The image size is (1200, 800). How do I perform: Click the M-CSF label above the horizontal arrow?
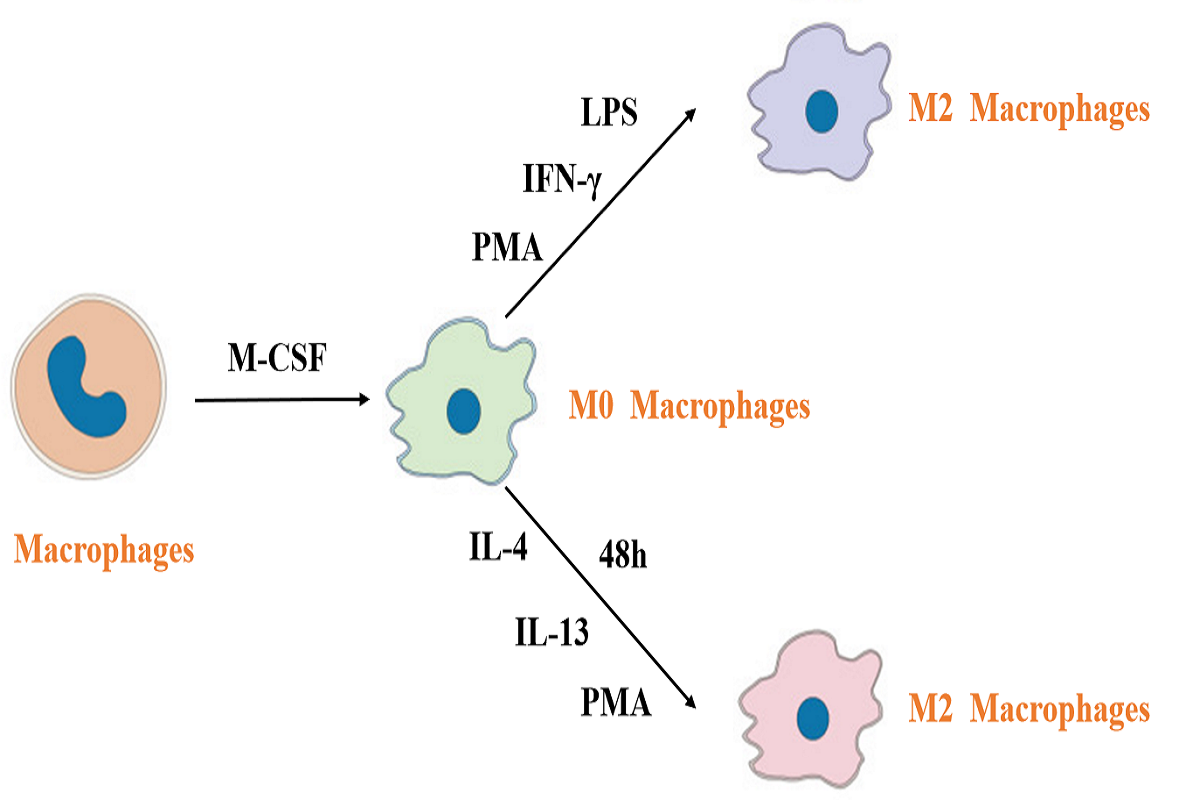click(x=277, y=358)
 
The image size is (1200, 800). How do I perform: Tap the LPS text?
click(x=609, y=113)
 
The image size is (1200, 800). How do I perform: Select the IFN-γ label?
click(x=560, y=181)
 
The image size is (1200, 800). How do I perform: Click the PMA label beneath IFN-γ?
click(x=507, y=247)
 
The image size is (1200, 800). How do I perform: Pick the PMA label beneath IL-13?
click(x=616, y=702)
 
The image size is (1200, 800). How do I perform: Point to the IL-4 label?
click(x=499, y=547)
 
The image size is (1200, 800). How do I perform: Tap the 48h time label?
click(x=623, y=556)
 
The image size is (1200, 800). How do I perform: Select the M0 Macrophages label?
click(x=689, y=407)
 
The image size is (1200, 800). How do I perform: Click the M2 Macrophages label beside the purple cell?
click(x=1029, y=109)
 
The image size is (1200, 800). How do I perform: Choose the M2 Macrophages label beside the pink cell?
click(x=1029, y=710)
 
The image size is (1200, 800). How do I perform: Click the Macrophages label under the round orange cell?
click(x=103, y=550)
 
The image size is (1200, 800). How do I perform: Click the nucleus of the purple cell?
click(x=823, y=109)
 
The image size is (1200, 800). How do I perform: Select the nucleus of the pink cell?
click(x=814, y=716)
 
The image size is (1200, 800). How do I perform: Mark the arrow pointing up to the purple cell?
click(x=600, y=214)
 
